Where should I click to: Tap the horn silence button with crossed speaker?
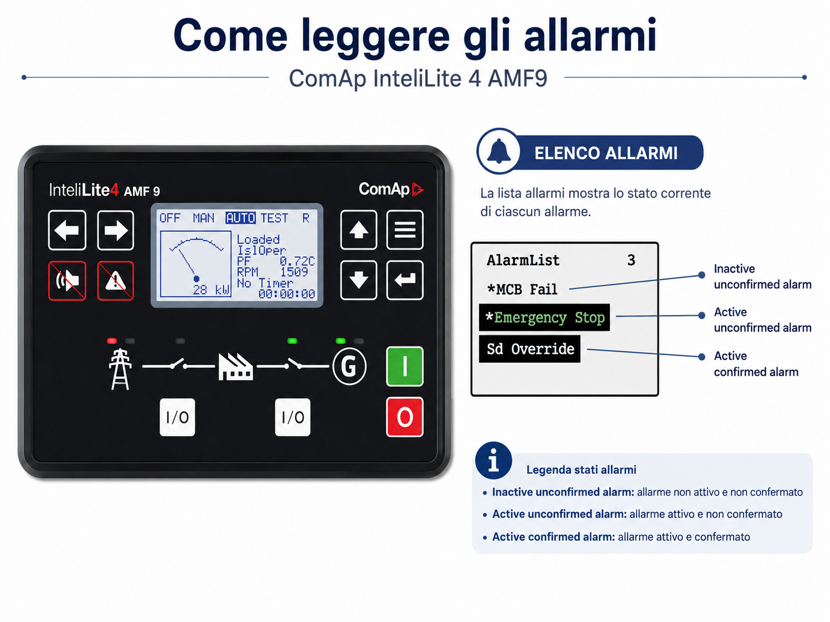(67, 281)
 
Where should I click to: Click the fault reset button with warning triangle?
(115, 281)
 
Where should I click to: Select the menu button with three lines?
(405, 230)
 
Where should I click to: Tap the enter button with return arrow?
(405, 280)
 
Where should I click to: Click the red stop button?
(405, 417)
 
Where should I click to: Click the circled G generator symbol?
(349, 366)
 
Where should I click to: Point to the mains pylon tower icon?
(120, 369)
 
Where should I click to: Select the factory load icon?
(236, 367)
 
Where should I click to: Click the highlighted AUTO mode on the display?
(241, 218)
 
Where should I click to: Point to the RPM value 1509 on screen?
(294, 272)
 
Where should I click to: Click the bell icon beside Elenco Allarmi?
(499, 151)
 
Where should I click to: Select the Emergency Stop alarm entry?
(544, 318)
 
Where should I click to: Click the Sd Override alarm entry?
(530, 349)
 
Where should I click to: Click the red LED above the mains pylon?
(112, 341)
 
